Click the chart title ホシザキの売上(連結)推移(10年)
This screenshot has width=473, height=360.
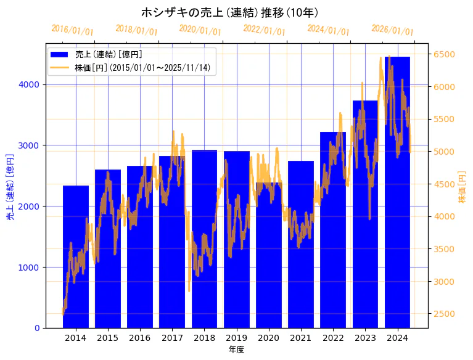229,12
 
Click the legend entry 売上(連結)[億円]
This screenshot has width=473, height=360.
109,54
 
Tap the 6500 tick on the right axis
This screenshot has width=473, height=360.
444,54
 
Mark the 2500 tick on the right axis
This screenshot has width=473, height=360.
444,314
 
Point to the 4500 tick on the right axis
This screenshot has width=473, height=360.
444,184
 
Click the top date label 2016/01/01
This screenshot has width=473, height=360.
72,30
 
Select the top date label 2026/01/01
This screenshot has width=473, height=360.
392,30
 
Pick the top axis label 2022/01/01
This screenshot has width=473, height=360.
264,30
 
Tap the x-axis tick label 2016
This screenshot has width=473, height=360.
140,338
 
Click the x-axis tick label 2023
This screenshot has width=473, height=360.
365,338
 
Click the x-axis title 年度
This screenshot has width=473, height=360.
236,350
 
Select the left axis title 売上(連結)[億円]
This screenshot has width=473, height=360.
10,186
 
